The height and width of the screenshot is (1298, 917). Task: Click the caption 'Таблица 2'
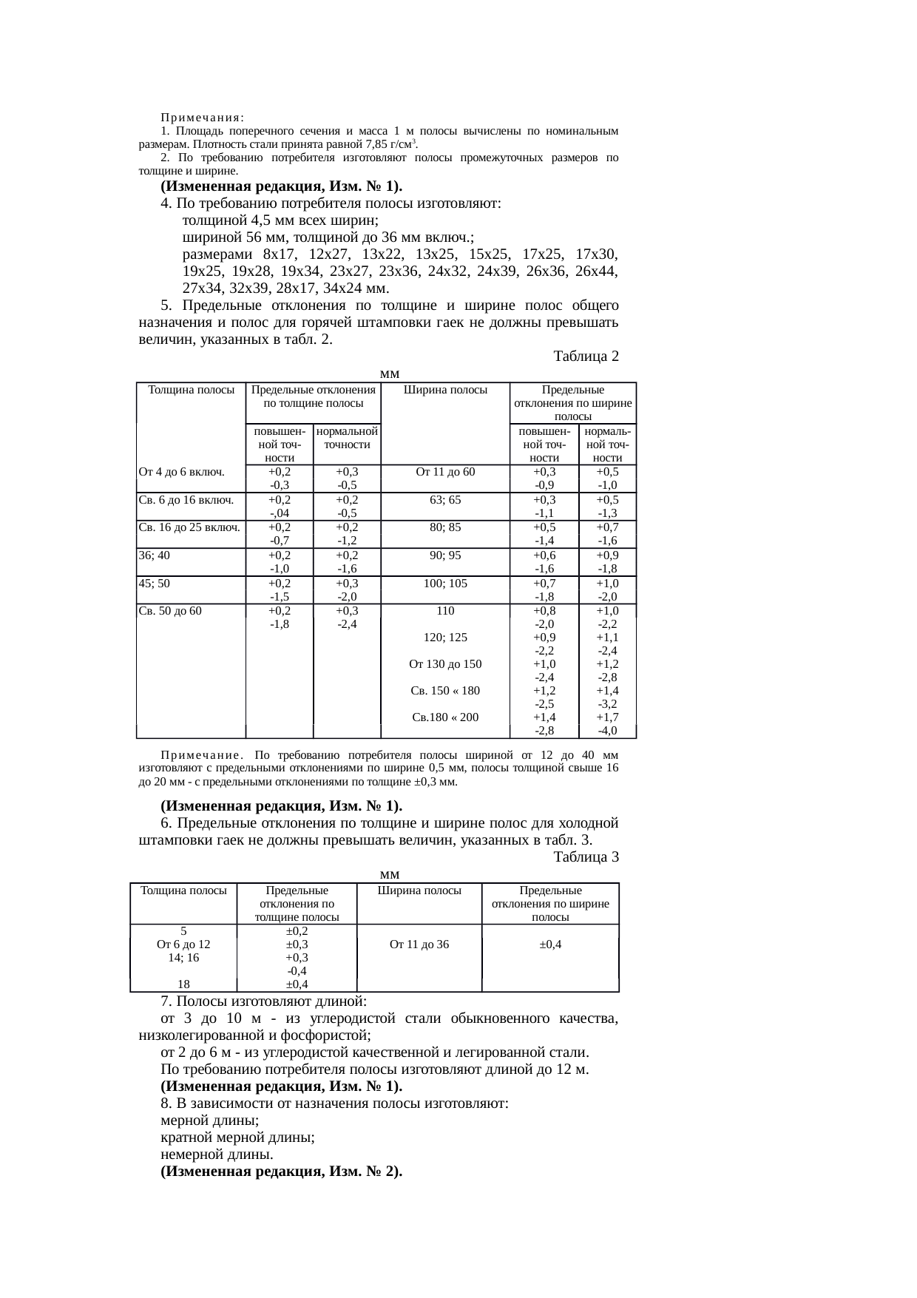tap(586, 356)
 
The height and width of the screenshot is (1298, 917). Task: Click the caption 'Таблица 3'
tap(586, 857)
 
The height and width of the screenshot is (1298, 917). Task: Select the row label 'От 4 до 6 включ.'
tap(181, 472)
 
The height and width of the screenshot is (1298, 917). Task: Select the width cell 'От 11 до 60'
tap(445, 472)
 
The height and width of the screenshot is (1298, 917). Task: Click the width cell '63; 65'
tap(445, 499)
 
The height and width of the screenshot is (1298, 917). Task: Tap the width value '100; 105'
tap(445, 583)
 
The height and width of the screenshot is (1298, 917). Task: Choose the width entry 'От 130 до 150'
tap(445, 664)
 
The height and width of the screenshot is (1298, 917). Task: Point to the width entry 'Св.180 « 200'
tap(445, 717)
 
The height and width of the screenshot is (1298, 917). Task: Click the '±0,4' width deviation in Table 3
tap(549, 944)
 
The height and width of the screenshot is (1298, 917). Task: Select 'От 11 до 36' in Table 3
tap(419, 944)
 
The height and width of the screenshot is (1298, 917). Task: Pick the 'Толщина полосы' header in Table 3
tap(183, 890)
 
